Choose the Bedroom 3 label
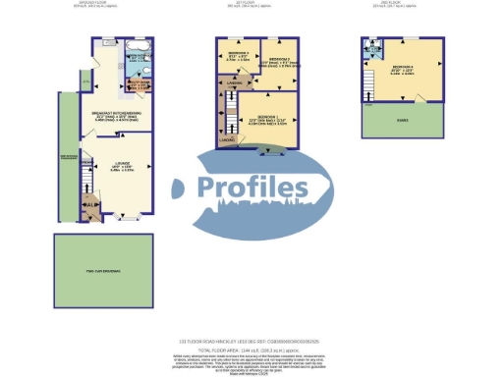click(x=237, y=54)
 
